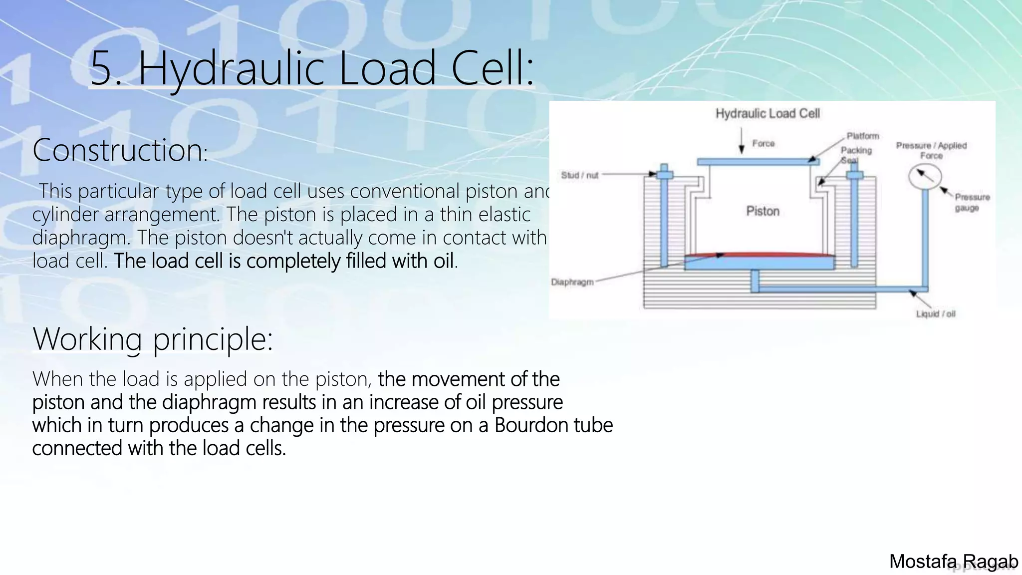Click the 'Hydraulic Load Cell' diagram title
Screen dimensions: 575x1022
[x=767, y=114]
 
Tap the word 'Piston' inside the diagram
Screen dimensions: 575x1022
[x=763, y=211]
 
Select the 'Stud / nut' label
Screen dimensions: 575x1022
[x=579, y=175]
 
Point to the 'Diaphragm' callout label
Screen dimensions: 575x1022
[x=572, y=282]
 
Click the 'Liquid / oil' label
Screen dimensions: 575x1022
[x=935, y=314]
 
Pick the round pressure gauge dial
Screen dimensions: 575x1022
[x=925, y=177]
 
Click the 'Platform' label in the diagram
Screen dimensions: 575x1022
[x=862, y=136]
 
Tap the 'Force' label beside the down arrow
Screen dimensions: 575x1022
[x=764, y=144]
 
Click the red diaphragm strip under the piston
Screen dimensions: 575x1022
[x=759, y=255]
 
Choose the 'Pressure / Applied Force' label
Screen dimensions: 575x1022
[x=931, y=150]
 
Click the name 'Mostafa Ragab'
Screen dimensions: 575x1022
[x=953, y=562]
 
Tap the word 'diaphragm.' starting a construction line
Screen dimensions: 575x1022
[x=81, y=238]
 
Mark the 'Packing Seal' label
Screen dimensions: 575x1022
[x=856, y=154]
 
